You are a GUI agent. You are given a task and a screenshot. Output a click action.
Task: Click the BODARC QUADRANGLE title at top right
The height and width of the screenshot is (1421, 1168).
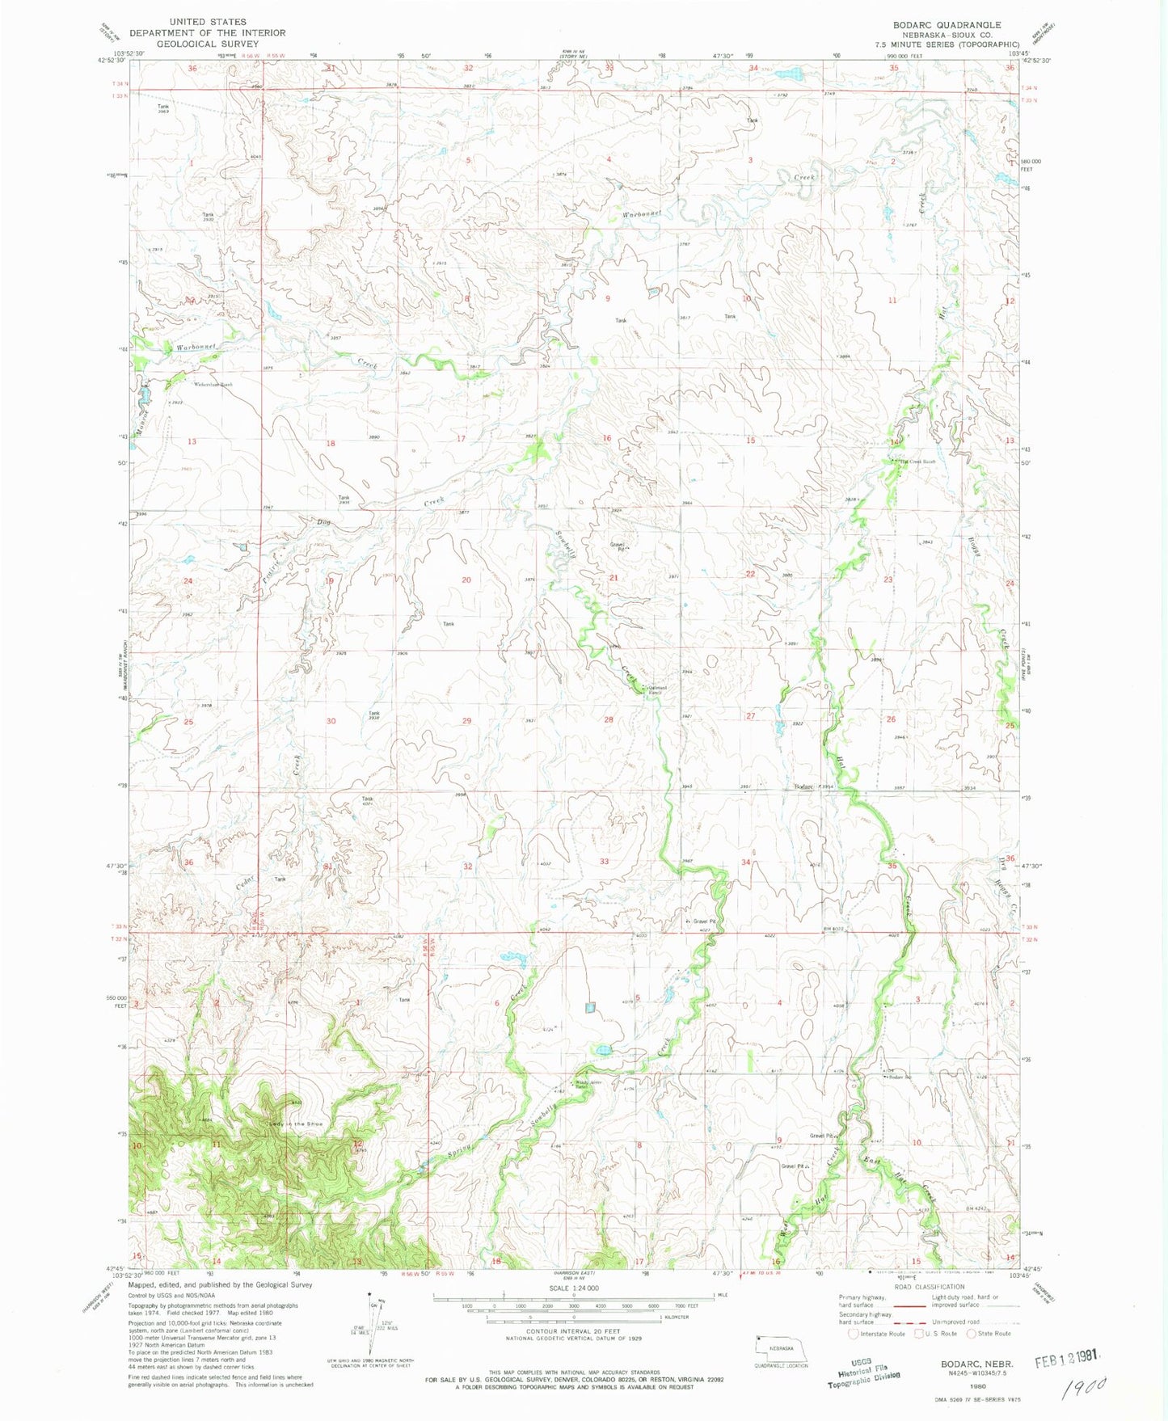pos(942,25)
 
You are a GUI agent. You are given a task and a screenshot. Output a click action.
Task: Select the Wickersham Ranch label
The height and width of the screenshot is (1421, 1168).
pos(212,385)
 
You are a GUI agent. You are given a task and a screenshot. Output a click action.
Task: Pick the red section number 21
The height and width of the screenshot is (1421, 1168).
pos(614,578)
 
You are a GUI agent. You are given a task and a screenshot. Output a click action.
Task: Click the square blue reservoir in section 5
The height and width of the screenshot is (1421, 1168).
pos(591,1008)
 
